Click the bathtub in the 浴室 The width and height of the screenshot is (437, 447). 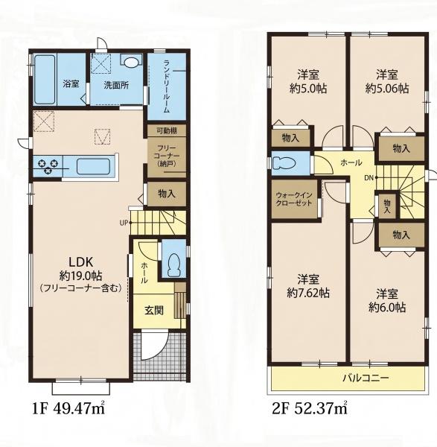pos(45,80)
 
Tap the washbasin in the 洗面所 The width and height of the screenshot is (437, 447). pos(131,62)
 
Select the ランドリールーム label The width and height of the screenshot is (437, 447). pos(166,86)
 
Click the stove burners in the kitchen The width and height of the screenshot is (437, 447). pos(48,166)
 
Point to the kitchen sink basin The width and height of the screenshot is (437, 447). pos(93,166)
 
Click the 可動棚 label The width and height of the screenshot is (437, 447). pos(167,131)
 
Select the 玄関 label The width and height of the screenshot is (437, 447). pos(154,310)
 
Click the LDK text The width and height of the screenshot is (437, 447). pos(80,261)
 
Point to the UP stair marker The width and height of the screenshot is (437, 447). pos(124,223)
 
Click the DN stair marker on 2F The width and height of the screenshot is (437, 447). pos(369,178)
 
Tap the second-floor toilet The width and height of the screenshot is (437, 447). pos(284,163)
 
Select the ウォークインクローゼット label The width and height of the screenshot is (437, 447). pos(294,199)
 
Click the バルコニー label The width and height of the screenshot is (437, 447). pos(366,378)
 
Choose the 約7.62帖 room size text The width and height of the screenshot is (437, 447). pos(308,293)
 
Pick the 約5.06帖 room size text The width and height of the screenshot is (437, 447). pos(387,89)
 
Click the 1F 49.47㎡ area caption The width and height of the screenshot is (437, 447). pos(68,408)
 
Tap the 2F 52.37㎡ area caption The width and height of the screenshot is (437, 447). pos(310,408)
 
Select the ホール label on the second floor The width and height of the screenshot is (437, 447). pos(351,162)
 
